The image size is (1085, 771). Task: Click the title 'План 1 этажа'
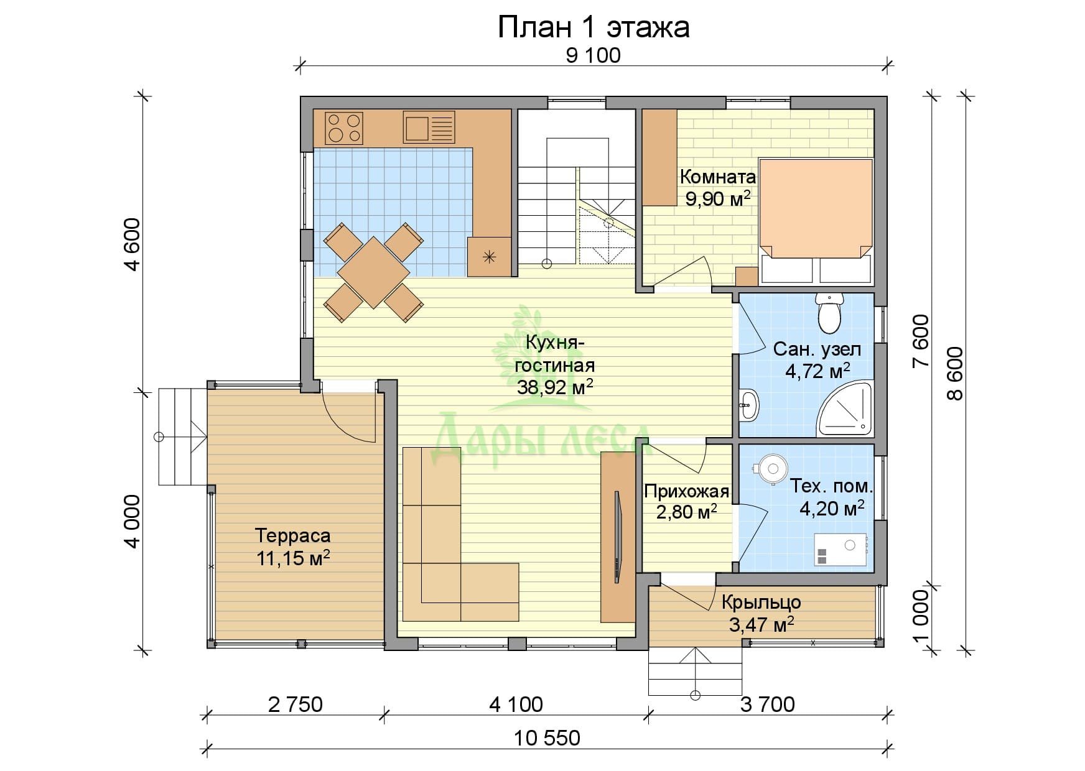594,27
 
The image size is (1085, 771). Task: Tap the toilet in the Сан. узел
829,313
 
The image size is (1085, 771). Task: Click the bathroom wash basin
749,407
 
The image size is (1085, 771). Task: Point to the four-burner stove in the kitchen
344,127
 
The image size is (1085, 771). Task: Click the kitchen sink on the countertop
429,127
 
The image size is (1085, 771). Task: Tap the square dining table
373,272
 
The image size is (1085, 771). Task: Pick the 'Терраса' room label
293,535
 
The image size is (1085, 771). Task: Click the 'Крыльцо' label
761,602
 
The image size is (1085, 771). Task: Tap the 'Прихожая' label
686,492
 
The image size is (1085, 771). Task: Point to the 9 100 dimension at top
594,56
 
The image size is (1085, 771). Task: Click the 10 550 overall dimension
547,738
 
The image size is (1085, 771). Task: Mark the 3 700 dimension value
768,704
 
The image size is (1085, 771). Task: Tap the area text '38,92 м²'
555,387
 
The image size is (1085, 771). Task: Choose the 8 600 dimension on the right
954,373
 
